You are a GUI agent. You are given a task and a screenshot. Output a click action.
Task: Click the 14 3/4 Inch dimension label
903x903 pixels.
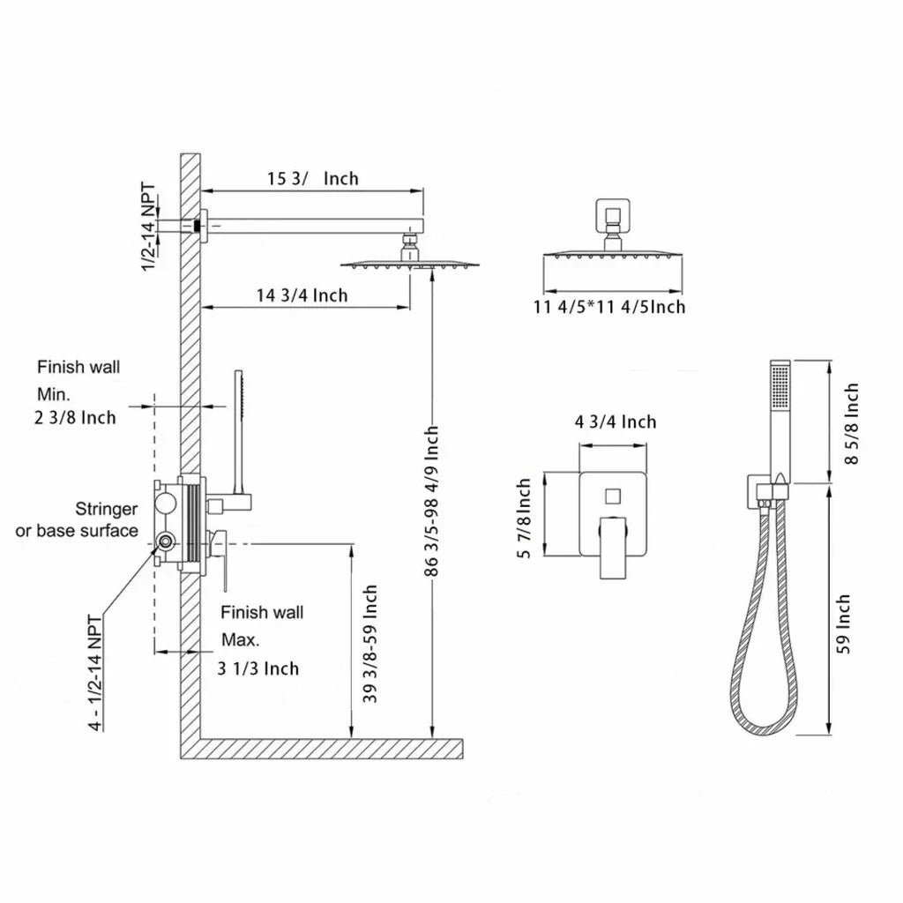click(x=302, y=295)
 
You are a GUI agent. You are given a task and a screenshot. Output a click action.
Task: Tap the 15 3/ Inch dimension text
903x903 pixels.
click(x=313, y=178)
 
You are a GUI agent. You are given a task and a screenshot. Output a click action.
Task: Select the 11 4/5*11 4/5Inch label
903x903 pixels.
click(x=609, y=306)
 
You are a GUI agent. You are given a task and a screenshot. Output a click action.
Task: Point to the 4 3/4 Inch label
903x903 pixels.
click(x=615, y=422)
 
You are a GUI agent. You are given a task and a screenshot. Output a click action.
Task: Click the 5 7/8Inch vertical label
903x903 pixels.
click(x=524, y=519)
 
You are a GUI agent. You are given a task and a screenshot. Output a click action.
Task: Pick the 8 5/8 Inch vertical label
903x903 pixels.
click(x=851, y=423)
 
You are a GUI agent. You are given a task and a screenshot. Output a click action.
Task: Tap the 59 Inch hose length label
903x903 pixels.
click(x=843, y=623)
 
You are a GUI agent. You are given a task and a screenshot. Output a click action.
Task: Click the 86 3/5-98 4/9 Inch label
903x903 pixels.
click(x=431, y=501)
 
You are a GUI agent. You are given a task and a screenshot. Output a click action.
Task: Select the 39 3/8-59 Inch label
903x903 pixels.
click(x=370, y=644)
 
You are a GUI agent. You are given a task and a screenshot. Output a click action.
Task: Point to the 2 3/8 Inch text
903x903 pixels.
click(x=75, y=417)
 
